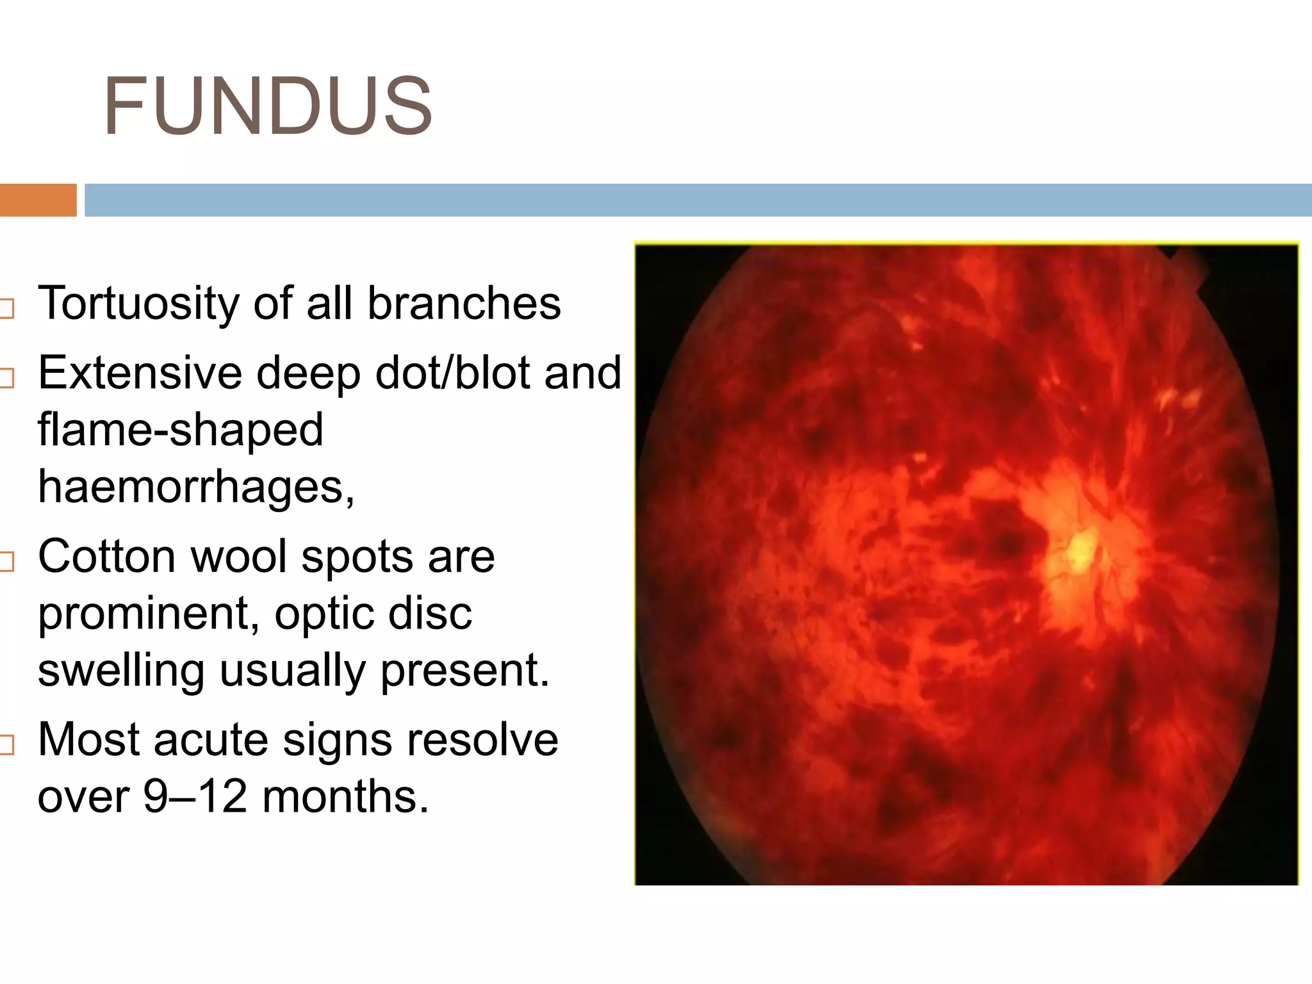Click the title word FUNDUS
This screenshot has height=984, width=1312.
click(268, 106)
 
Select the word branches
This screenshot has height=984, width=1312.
click(464, 304)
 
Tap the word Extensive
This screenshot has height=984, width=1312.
click(140, 373)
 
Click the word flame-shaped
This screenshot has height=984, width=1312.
click(180, 430)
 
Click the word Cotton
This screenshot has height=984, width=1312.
click(106, 556)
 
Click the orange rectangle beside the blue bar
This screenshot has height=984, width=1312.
click(38, 200)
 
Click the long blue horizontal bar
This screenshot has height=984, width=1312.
click(697, 200)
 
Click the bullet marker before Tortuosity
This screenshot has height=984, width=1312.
click(6, 309)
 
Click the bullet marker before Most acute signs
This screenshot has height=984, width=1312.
click(6, 745)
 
